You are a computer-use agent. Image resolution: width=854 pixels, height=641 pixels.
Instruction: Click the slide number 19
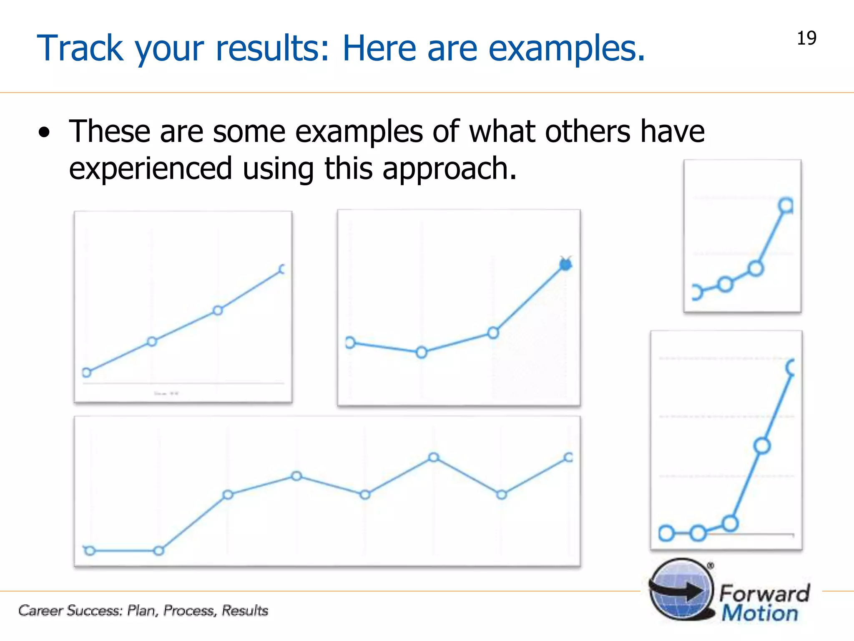(806, 38)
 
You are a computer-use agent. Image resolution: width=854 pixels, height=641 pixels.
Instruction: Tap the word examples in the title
(566, 48)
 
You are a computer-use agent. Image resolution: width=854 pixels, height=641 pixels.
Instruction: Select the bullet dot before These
(44, 133)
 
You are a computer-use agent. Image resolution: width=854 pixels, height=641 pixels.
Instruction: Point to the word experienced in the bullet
(150, 168)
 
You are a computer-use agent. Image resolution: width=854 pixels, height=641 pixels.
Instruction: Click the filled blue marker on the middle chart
(565, 264)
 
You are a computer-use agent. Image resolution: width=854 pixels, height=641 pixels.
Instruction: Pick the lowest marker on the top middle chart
(422, 353)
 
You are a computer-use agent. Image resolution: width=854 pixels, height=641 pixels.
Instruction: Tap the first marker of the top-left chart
(86, 373)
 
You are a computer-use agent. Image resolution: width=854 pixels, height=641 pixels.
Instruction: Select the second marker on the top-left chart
(152, 342)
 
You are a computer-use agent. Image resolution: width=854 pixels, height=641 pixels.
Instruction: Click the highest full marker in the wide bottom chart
(434, 457)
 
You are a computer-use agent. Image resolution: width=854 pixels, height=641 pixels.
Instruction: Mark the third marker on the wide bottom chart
(228, 495)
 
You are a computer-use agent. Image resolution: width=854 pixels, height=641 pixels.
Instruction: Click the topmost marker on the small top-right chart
(786, 205)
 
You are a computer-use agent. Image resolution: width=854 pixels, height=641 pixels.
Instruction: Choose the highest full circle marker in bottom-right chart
(762, 446)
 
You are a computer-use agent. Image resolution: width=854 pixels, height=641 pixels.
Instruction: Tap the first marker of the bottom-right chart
(666, 533)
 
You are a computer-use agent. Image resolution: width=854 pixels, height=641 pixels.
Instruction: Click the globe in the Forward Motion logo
(681, 590)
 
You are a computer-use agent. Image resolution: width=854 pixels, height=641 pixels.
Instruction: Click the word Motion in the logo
(760, 613)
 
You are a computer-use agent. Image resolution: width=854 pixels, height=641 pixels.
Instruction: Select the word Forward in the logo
(765, 593)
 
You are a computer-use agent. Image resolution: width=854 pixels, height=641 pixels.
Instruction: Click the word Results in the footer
(245, 611)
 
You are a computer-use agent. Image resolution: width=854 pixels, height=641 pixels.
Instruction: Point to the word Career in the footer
(40, 611)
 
